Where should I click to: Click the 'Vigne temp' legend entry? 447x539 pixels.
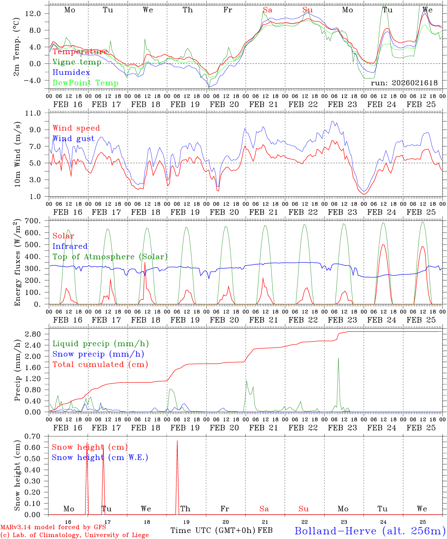pos(77,62)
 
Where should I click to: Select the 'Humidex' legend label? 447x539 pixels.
pos(71,72)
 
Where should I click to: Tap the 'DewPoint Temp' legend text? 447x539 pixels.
pos(85,83)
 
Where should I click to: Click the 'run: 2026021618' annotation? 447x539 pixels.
pos(404,83)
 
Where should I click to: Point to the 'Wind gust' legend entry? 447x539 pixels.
pos(73,138)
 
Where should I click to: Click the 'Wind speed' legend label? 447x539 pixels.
pos(76,128)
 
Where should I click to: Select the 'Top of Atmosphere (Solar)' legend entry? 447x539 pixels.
pos(110,257)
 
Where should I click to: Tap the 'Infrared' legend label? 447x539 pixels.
pos(70,246)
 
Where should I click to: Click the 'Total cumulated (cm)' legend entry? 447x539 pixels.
pos(100,364)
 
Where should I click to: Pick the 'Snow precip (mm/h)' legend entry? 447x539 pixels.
pos(98,354)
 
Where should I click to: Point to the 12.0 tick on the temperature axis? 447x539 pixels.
pos(37,13)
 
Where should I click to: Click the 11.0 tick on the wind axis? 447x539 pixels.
pos(37,113)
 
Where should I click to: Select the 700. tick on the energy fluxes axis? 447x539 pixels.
pos(37,221)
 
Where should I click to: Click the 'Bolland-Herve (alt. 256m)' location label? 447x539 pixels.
pos(370,530)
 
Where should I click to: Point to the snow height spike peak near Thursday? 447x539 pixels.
pos(177,441)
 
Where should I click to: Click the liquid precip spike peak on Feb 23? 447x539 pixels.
pos(338,358)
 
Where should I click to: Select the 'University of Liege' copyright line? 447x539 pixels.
pos(74,535)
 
